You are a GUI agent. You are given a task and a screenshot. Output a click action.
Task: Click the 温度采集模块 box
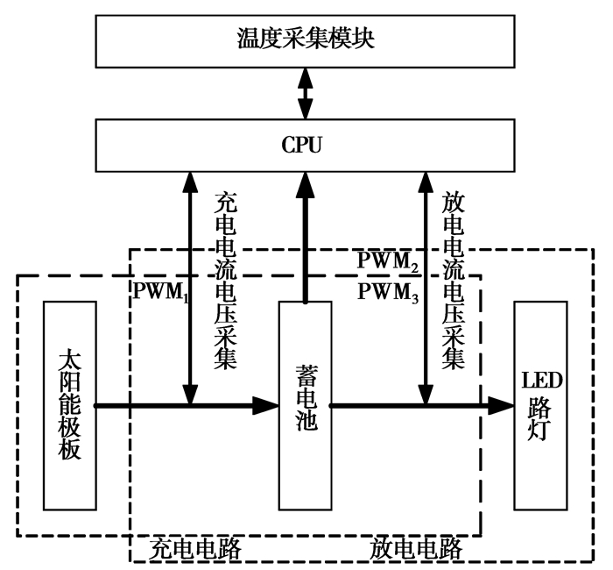(x=306, y=39)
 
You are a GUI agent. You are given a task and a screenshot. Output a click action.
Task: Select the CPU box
(x=306, y=144)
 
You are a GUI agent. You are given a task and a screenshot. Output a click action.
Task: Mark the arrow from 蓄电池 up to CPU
(x=306, y=237)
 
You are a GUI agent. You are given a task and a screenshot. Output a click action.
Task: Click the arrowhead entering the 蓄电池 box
(x=264, y=405)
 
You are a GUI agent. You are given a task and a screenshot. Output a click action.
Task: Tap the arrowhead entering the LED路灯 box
(x=501, y=405)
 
